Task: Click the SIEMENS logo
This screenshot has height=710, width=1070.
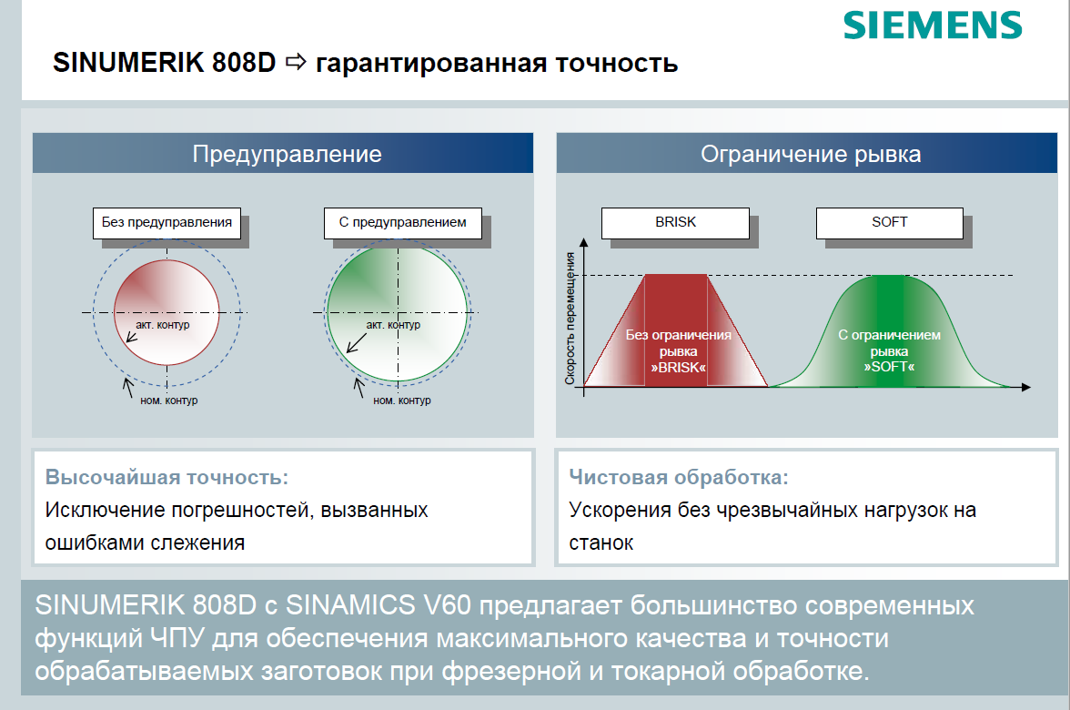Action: click(933, 25)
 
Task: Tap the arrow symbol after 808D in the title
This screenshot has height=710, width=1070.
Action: click(297, 62)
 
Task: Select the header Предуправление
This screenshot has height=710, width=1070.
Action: click(287, 154)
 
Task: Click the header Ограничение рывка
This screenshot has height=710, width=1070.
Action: click(811, 154)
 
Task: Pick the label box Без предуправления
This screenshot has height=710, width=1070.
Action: click(167, 222)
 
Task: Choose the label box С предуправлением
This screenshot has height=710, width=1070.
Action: click(402, 222)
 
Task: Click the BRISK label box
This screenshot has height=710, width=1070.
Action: click(675, 222)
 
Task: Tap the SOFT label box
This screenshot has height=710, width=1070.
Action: click(890, 222)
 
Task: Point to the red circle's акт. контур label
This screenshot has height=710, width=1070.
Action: click(162, 325)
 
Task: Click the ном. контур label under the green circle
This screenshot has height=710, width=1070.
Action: click(402, 401)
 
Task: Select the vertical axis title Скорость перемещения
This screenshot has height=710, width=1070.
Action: click(570, 319)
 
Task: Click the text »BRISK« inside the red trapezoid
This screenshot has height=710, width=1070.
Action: click(679, 368)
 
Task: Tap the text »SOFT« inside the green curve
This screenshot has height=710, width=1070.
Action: click(889, 367)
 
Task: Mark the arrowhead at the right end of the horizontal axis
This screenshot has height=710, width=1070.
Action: click(1026, 387)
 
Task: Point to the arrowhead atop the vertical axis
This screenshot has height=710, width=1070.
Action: click(583, 242)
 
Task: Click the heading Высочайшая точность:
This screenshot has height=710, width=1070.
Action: click(167, 477)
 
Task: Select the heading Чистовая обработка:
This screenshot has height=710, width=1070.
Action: click(679, 477)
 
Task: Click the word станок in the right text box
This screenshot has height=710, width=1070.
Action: click(601, 543)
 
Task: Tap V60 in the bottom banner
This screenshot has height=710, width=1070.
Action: click(447, 604)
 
